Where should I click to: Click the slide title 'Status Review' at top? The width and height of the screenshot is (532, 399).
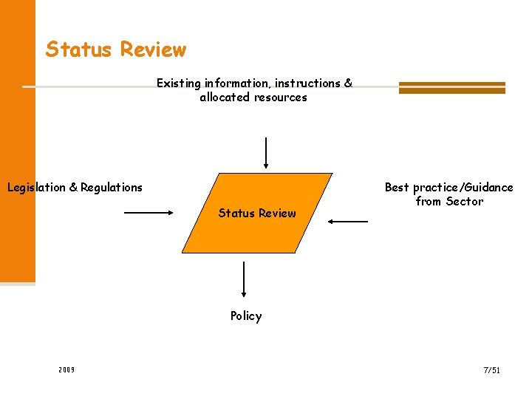(x=116, y=50)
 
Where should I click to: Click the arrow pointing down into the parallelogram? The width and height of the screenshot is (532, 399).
(x=266, y=153)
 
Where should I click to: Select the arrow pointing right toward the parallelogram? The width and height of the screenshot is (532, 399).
(x=148, y=214)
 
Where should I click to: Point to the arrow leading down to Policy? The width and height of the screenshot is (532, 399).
(x=244, y=279)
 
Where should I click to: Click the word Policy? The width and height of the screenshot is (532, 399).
(x=246, y=316)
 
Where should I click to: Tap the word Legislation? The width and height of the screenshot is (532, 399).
(x=36, y=188)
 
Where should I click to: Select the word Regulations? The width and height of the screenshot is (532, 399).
(x=112, y=188)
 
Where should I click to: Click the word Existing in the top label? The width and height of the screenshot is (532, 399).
(x=180, y=83)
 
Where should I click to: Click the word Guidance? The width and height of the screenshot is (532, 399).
(x=487, y=188)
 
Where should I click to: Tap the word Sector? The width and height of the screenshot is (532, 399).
(x=465, y=202)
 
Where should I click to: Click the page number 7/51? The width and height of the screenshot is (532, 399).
(x=492, y=369)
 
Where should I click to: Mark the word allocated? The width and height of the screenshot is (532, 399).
(x=224, y=98)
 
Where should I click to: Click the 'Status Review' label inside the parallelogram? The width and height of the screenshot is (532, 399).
(x=257, y=214)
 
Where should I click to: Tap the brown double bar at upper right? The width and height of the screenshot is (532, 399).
(x=451, y=87)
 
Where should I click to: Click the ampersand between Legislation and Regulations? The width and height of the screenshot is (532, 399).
(x=73, y=188)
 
